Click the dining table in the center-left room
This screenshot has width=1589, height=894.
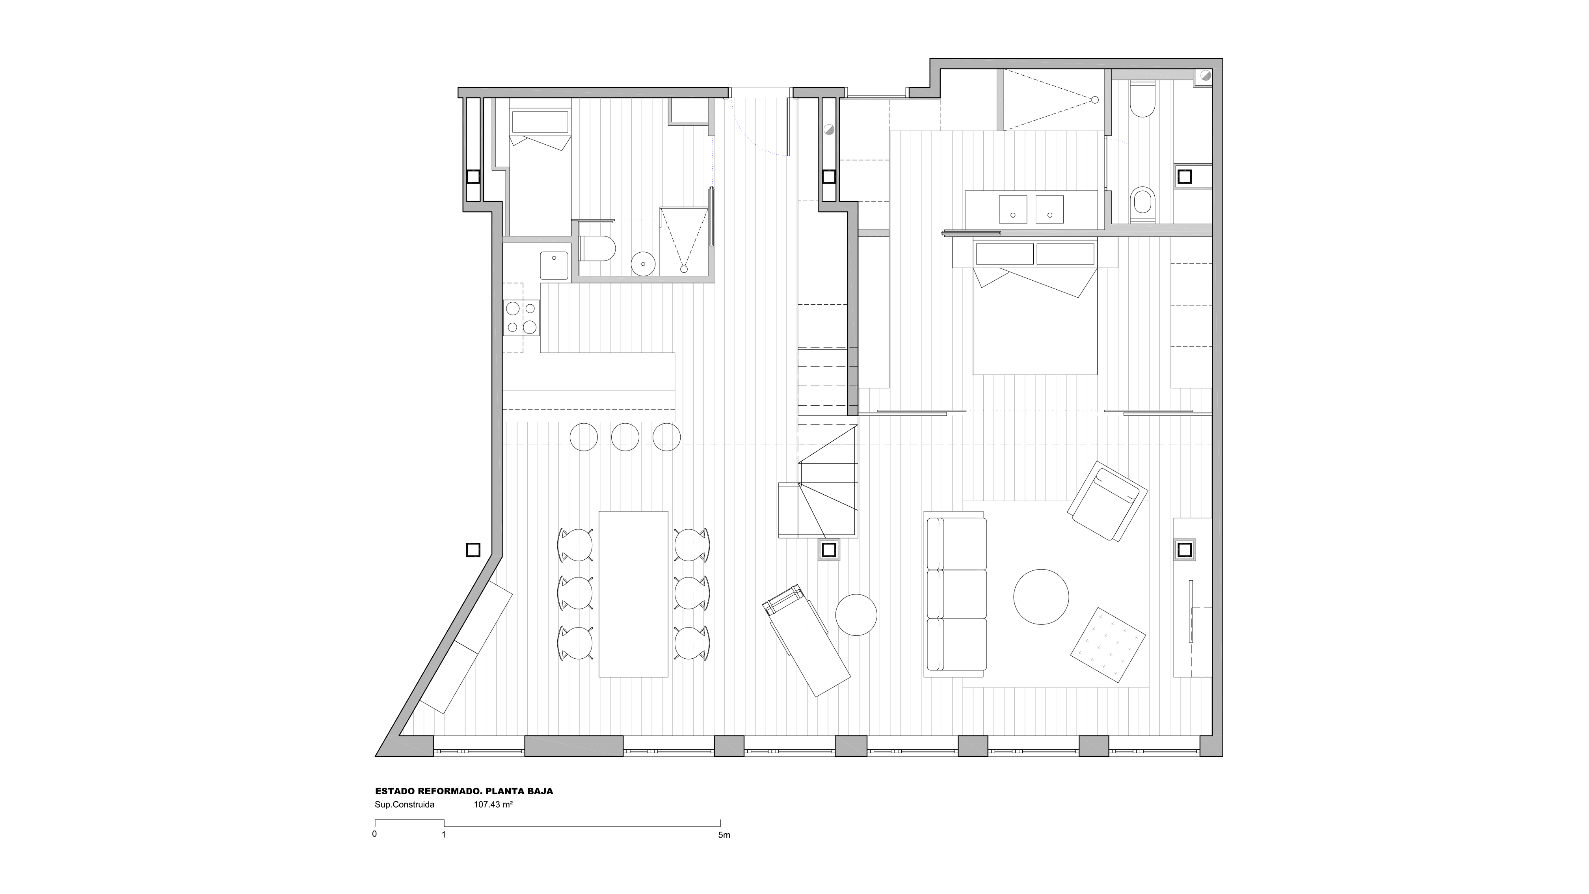[x=633, y=594]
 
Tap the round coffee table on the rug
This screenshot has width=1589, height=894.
[x=1041, y=597]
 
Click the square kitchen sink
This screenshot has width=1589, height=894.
[x=123, y=265]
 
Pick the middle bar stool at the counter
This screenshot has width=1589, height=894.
[x=625, y=437]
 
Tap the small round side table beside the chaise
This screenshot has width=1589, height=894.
[x=856, y=615]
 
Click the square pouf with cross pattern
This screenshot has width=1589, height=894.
[x=1108, y=645]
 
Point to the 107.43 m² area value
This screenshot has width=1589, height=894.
[x=493, y=805]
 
